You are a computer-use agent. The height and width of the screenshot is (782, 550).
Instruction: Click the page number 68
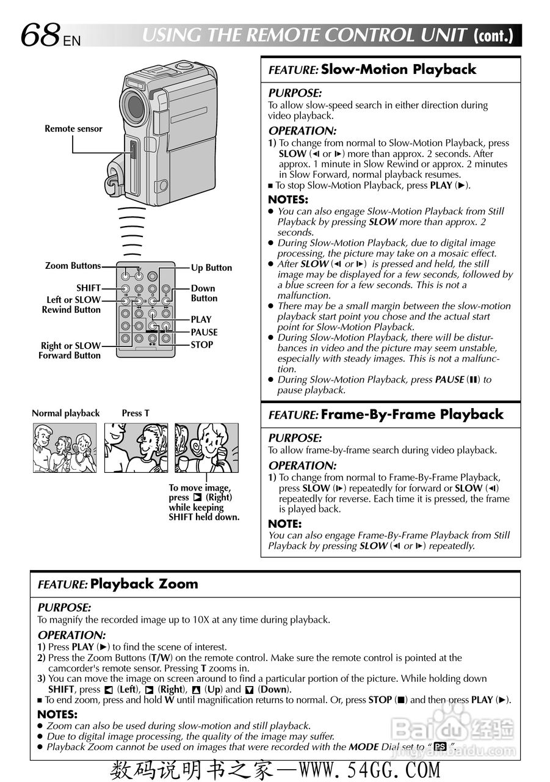tap(40, 35)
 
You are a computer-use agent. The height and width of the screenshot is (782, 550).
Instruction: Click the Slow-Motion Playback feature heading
tap(398, 70)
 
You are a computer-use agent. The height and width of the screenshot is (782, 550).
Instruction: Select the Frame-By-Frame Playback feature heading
tap(412, 415)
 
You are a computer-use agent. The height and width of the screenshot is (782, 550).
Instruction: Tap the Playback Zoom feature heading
tap(144, 584)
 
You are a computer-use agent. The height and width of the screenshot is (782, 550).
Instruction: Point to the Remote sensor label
tap(73, 129)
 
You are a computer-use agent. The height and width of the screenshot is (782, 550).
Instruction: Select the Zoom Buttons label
tap(73, 266)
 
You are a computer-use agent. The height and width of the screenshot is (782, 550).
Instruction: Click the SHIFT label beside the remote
tap(89, 288)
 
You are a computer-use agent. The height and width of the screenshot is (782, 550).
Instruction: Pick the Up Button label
tap(211, 268)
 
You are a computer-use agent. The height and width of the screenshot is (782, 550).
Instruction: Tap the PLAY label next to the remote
tap(201, 320)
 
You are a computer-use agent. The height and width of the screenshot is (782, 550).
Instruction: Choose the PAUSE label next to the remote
tap(204, 332)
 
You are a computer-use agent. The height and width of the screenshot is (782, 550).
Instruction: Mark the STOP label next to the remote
tap(202, 345)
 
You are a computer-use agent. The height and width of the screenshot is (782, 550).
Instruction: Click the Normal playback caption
tap(65, 414)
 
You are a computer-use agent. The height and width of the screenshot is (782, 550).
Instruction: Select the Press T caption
tap(136, 414)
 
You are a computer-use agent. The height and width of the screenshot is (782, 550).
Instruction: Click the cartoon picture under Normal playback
tap(65, 448)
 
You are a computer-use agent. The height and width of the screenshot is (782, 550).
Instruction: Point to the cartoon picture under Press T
tap(136, 448)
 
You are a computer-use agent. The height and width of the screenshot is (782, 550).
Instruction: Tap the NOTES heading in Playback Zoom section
tap(57, 714)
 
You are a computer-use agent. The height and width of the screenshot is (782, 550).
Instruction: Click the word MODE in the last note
tap(364, 747)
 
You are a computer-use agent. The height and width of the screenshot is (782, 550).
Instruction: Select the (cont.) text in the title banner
tap(494, 35)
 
